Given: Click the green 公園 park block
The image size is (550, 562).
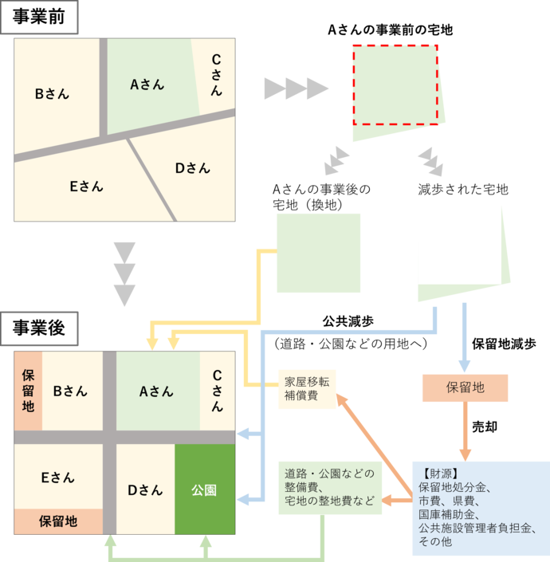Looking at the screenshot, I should pyautogui.click(x=205, y=489).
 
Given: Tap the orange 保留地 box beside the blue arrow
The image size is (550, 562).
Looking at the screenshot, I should pyautogui.click(x=465, y=388).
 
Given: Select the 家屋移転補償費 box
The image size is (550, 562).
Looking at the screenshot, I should pyautogui.click(x=306, y=388).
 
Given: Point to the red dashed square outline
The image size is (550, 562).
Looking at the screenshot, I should pyautogui.click(x=395, y=84).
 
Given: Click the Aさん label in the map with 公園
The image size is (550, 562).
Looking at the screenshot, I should pyautogui.click(x=156, y=391).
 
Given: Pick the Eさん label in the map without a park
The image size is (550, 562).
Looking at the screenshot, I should pyautogui.click(x=86, y=187).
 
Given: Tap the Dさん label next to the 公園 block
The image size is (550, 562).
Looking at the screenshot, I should pyautogui.click(x=145, y=489).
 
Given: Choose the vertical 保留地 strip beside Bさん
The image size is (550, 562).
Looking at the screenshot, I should pyautogui.click(x=28, y=391).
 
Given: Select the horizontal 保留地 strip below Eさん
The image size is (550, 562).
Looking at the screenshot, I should pyautogui.click(x=58, y=521).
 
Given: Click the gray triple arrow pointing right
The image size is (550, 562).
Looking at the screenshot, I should pyautogui.click(x=296, y=88).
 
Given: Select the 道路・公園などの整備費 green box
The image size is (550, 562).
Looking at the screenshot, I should pyautogui.click(x=329, y=486).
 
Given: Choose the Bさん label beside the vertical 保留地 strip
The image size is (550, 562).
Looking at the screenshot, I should pyautogui.click(x=70, y=391).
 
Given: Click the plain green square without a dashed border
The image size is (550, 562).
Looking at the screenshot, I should pyautogui.click(x=318, y=253).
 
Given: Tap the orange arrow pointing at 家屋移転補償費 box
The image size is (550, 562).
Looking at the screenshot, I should pyautogui.click(x=375, y=430).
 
